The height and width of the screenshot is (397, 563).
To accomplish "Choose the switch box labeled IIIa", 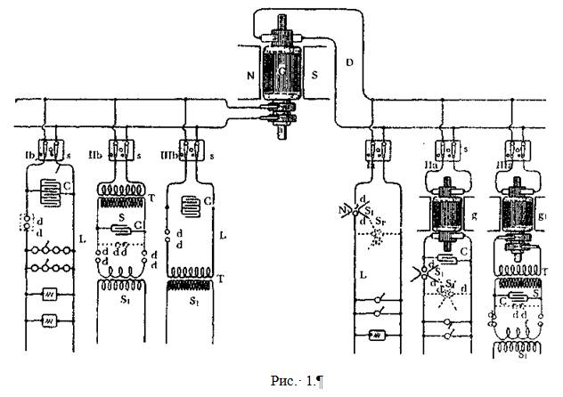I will pyautogui.click(x=518, y=149).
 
